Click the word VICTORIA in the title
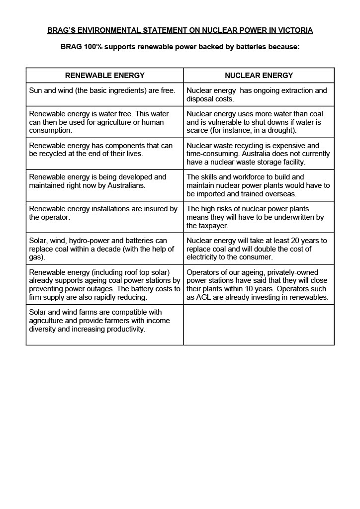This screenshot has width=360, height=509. point(295,30)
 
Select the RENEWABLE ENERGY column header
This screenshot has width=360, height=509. point(105,76)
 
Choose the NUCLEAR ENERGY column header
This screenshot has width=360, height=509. point(259,76)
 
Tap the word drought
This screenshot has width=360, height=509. point(281,130)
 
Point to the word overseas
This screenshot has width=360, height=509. point(280,193)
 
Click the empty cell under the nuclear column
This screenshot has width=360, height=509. point(259,325)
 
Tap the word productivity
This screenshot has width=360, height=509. point(123,329)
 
